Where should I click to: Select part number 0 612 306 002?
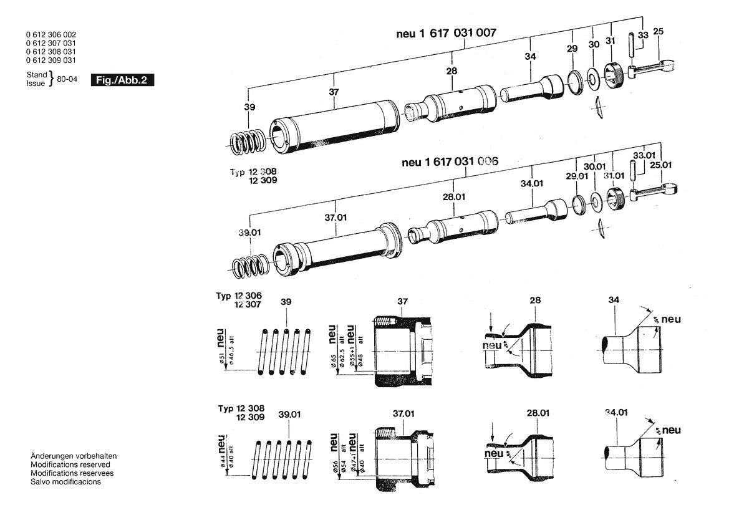(x=51, y=34)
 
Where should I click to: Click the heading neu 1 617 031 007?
(x=447, y=34)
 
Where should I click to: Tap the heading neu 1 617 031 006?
(x=450, y=162)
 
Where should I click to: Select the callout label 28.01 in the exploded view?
(x=454, y=197)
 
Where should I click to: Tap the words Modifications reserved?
(x=70, y=464)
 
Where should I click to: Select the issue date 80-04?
(x=67, y=79)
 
